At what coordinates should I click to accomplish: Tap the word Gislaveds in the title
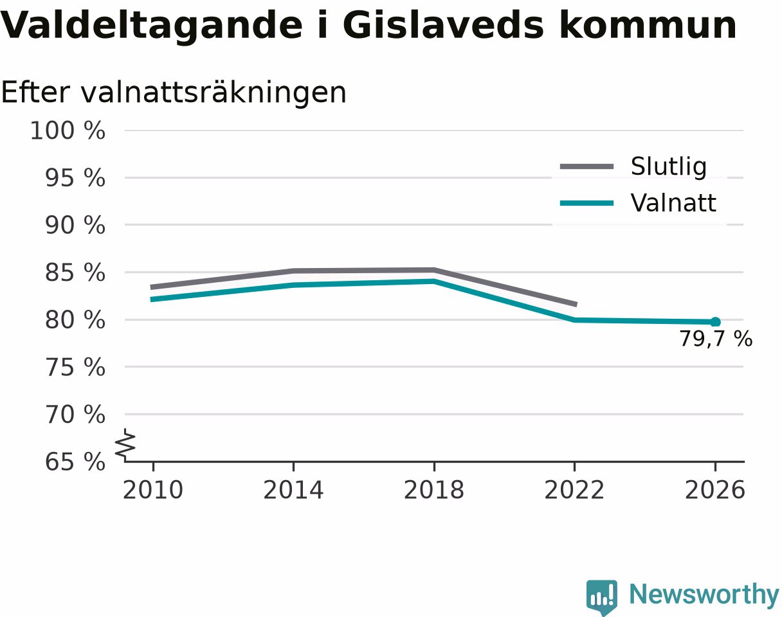point(443,26)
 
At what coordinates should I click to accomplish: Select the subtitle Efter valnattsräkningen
point(174,93)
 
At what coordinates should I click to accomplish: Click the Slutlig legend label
point(669,167)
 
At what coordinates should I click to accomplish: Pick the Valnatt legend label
point(673,202)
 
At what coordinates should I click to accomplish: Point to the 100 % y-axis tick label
point(68,130)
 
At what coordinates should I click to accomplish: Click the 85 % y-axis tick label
point(75,273)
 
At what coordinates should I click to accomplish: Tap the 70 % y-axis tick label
point(75,415)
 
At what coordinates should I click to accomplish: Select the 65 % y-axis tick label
point(75,462)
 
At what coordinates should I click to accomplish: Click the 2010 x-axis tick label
point(153,490)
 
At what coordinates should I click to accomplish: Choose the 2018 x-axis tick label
point(434,490)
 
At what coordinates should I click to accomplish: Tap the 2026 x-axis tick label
point(714,490)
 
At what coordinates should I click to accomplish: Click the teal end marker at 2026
point(715,322)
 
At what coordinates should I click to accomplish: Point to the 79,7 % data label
point(716,339)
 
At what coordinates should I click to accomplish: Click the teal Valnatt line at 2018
point(434,281)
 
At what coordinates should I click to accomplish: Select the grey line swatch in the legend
point(586,166)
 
